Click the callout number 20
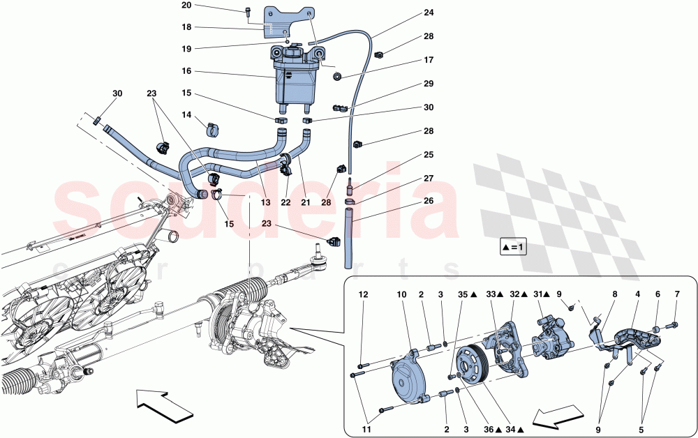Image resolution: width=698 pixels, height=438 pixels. tap(186, 6)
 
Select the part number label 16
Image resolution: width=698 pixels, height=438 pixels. tap(186, 71)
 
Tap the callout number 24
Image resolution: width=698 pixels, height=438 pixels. tap(428, 13)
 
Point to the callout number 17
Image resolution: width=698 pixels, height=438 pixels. tap(428, 60)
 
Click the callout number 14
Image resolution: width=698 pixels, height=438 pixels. tap(186, 114)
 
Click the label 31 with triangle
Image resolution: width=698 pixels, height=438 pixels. tap(541, 294)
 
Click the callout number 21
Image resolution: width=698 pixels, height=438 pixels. tap(304, 202)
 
